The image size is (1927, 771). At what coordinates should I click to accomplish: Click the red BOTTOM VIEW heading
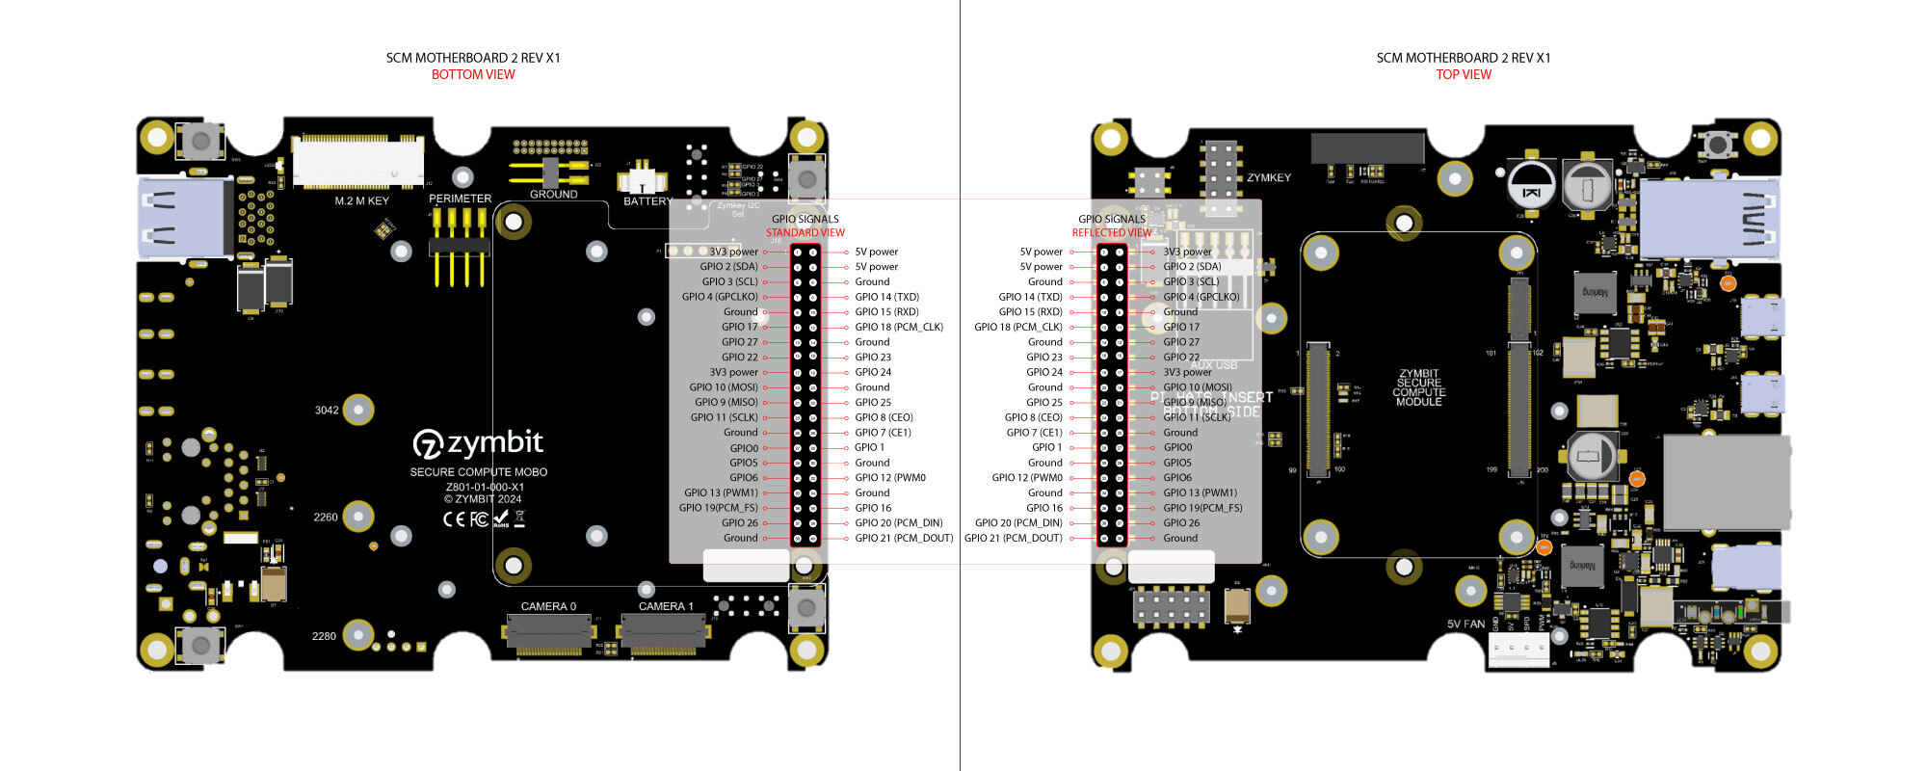(473, 74)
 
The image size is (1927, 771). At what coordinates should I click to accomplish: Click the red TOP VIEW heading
(1463, 74)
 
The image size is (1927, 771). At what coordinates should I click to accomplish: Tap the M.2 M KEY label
(361, 200)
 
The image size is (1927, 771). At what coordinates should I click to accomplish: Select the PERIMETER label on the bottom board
(460, 199)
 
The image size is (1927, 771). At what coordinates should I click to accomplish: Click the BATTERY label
(647, 201)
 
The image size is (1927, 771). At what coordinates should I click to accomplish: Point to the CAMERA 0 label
(548, 606)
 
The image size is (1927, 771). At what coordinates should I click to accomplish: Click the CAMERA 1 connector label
(666, 606)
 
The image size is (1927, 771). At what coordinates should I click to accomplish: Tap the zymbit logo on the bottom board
(479, 443)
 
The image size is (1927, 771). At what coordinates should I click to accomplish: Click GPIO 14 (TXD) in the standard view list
(886, 297)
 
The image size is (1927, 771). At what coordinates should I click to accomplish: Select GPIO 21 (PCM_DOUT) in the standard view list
(903, 538)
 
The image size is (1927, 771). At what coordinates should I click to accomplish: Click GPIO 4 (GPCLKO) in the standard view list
(720, 297)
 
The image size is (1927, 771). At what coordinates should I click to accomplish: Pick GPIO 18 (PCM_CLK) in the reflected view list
(1017, 327)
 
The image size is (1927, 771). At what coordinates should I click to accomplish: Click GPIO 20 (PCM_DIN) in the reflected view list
(1017, 522)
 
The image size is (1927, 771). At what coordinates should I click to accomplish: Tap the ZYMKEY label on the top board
(1268, 177)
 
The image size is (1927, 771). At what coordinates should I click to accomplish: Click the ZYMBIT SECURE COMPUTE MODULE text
(1418, 387)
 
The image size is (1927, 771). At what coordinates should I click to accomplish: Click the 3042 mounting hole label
(327, 410)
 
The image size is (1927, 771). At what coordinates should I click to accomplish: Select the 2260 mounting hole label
(326, 517)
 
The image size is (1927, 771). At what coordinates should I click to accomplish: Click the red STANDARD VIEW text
(805, 232)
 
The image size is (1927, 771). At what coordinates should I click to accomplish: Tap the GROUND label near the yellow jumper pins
(553, 194)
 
